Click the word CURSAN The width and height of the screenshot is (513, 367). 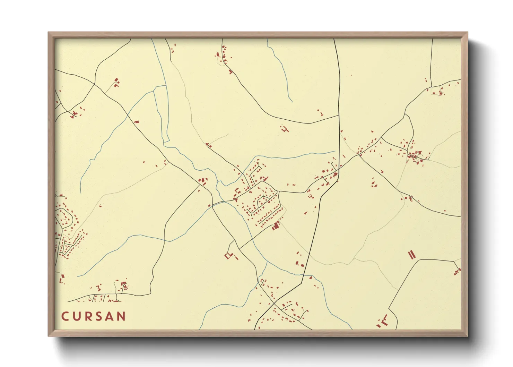pyautogui.click(x=94, y=316)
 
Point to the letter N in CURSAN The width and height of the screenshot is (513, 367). pyautogui.click(x=121, y=316)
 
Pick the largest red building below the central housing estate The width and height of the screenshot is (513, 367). pyautogui.click(x=276, y=226)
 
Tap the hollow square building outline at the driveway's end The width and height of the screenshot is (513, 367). pyautogui.click(x=228, y=256)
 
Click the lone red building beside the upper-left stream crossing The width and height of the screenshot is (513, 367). pyautogui.click(x=136, y=122)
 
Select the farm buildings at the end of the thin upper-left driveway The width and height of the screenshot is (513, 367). pyautogui.click(x=116, y=82)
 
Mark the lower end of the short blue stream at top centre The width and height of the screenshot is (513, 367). pyautogui.click(x=292, y=102)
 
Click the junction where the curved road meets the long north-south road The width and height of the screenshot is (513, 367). pyautogui.click(x=339, y=116)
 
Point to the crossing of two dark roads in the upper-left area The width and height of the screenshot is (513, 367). pyautogui.click(x=94, y=84)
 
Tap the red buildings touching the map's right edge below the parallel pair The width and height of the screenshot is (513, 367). pyautogui.click(x=458, y=270)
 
